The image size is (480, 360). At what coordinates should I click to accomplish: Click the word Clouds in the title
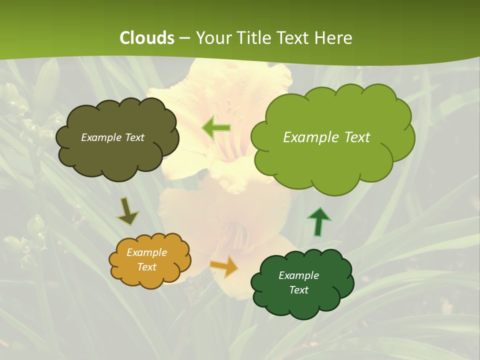(147, 38)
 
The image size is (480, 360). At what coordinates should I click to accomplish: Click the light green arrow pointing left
(216, 127)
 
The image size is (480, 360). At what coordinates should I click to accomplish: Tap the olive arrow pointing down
(127, 211)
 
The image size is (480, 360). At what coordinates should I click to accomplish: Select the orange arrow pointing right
(224, 266)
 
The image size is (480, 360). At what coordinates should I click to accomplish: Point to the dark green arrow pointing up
(319, 221)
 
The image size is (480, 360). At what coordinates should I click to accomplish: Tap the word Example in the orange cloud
(146, 252)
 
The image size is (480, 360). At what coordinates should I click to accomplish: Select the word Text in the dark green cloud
(298, 290)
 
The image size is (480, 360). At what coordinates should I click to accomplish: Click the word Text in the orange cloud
(146, 267)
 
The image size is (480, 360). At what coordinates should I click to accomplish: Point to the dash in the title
(184, 38)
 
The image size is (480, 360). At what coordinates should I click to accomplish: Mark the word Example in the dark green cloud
(298, 275)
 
